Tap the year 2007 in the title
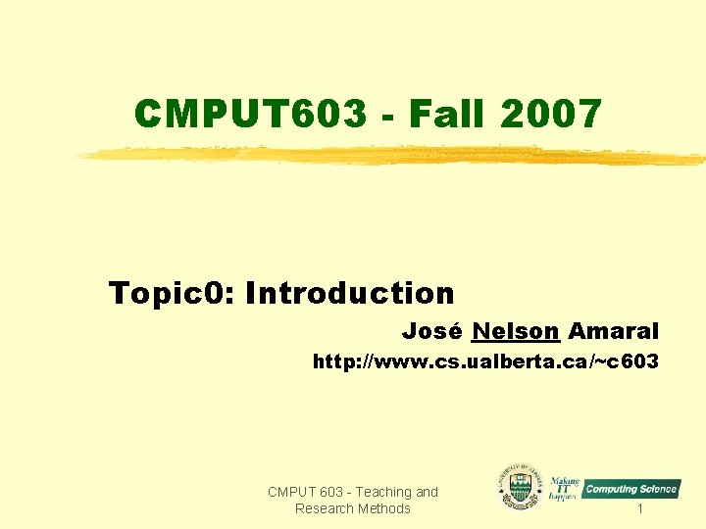[x=550, y=115]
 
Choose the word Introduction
[x=350, y=292]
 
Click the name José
[x=432, y=331]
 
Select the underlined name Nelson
[x=515, y=331]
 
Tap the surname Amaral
[x=614, y=331]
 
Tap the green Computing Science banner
[x=631, y=489]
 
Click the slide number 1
[x=639, y=508]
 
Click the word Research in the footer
[x=325, y=508]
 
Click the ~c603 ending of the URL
[x=628, y=362]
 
